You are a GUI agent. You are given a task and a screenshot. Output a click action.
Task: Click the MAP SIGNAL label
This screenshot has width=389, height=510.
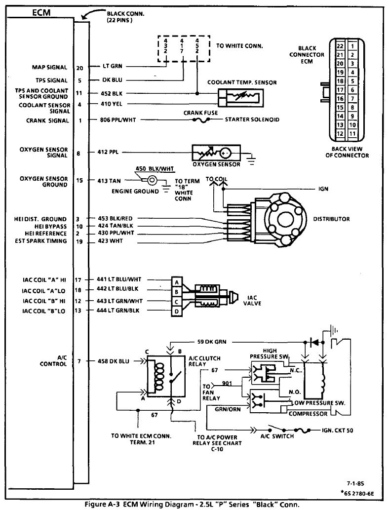(x=49, y=67)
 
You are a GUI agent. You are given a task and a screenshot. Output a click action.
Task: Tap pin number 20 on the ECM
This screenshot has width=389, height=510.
(x=79, y=68)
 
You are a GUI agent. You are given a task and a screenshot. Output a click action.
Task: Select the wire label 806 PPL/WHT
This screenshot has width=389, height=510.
(x=118, y=119)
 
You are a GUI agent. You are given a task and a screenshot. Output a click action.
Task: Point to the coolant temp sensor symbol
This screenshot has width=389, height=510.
(x=241, y=97)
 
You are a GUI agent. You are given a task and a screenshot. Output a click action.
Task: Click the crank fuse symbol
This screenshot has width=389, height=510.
(x=201, y=120)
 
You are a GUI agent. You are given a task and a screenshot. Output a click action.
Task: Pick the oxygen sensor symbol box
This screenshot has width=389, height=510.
(x=216, y=153)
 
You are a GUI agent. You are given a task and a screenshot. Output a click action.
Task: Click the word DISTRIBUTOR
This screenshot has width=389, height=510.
(x=331, y=219)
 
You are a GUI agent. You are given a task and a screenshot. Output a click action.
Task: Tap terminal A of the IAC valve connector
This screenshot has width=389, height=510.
(x=177, y=282)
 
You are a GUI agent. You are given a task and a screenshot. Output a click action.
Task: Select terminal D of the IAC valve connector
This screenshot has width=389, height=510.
(x=177, y=312)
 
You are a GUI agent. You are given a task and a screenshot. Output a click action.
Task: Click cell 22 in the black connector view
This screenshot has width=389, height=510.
(x=340, y=46)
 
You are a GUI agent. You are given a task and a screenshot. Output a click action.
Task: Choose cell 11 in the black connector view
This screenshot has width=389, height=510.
(x=352, y=133)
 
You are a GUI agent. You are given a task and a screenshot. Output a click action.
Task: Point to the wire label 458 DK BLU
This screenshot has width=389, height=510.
(x=113, y=361)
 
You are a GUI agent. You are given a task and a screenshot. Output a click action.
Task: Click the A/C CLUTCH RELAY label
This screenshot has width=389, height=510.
(x=204, y=361)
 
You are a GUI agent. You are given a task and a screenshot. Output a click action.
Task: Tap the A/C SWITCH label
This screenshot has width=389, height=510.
(x=277, y=436)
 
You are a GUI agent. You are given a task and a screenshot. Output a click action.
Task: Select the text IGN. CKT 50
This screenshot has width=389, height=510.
(x=337, y=431)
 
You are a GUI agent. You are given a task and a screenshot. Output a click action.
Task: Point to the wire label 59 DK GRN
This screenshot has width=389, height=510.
(x=212, y=342)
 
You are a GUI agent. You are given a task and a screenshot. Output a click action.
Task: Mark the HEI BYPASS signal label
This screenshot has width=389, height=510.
(x=50, y=227)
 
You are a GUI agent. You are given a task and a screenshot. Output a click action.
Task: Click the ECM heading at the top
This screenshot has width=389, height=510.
(x=41, y=13)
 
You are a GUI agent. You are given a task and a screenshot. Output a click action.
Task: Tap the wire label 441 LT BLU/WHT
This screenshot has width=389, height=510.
(x=119, y=279)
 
